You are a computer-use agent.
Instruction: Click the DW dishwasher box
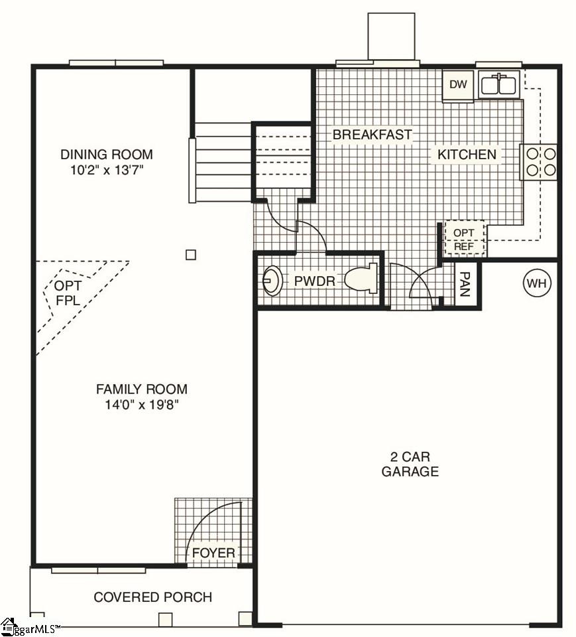tap(458, 84)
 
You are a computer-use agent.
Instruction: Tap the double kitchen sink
tap(498, 86)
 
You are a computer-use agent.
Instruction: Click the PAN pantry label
tap(465, 283)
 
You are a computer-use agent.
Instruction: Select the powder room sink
tap(272, 281)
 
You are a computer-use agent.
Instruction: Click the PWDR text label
tap(315, 281)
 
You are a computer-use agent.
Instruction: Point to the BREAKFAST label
tap(372, 135)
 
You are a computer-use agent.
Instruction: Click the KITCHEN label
tap(467, 155)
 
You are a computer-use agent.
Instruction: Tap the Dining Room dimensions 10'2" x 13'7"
tap(107, 170)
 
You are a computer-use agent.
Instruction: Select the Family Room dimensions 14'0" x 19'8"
tap(141, 405)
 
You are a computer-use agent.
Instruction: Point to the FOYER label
tap(213, 553)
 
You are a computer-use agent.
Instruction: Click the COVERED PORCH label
tap(152, 597)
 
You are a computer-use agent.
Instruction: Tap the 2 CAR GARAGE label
tap(410, 464)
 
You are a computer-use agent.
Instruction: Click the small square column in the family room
tap(191, 254)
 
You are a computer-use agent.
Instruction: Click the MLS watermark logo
tap(30, 626)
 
